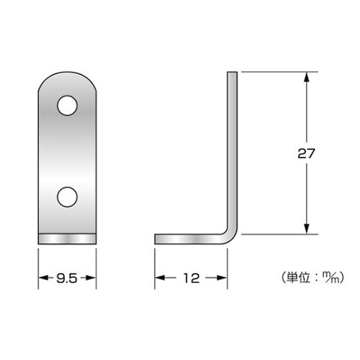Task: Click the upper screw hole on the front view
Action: [x=66, y=107]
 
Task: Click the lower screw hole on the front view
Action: [x=66, y=197]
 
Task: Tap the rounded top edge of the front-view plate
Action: [x=66, y=74]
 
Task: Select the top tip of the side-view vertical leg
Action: [x=233, y=73]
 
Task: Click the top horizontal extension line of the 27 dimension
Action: [x=277, y=71]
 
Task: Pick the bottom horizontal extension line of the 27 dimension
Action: [x=277, y=235]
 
